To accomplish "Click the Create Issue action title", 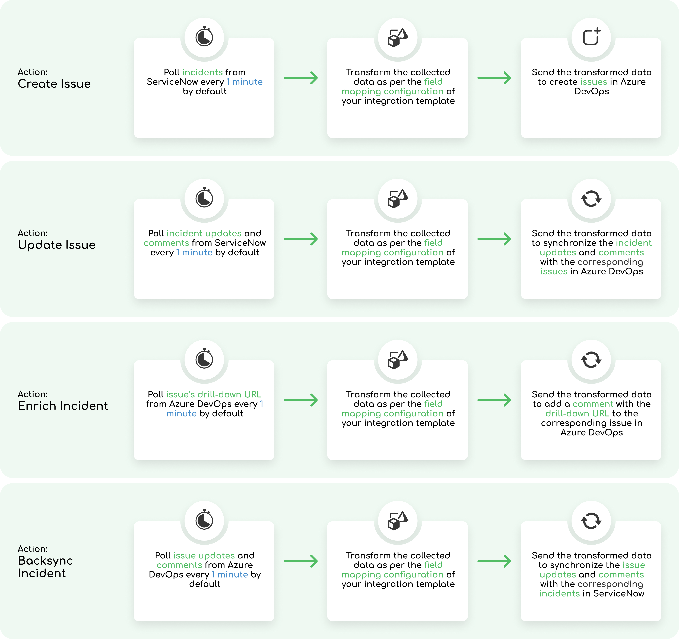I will coord(54,84).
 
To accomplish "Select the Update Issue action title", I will coord(57,245).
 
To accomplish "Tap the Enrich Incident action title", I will coord(63,406).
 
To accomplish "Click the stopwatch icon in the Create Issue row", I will coord(204,37).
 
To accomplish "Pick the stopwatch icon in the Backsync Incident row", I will coord(204,520).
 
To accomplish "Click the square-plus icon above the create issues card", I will coord(591,37).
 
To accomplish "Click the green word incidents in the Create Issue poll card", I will coord(202,72).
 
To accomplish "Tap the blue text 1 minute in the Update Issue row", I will coord(194,253).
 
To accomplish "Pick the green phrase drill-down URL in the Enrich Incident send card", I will coord(577,414).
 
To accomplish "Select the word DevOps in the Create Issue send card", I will coord(592,91).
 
